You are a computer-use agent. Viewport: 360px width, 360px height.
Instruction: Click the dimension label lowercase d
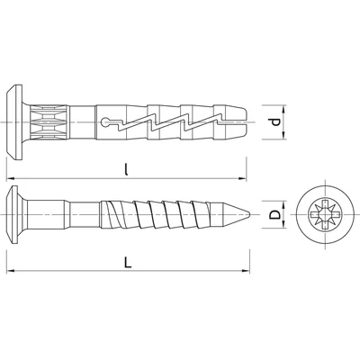[275, 122]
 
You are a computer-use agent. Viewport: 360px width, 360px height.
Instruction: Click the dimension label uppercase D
[274, 214]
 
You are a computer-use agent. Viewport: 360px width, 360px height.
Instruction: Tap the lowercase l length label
[126, 170]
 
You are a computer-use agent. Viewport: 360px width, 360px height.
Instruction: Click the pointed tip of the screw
[250, 214]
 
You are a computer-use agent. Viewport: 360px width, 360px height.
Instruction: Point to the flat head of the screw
[13, 214]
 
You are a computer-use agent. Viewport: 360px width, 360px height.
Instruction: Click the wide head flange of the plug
[14, 122]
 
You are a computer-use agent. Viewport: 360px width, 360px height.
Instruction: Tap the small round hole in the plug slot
[104, 122]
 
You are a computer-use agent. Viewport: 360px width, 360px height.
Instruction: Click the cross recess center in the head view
[325, 214]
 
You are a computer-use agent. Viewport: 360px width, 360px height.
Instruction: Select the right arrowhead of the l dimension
[242, 178]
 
